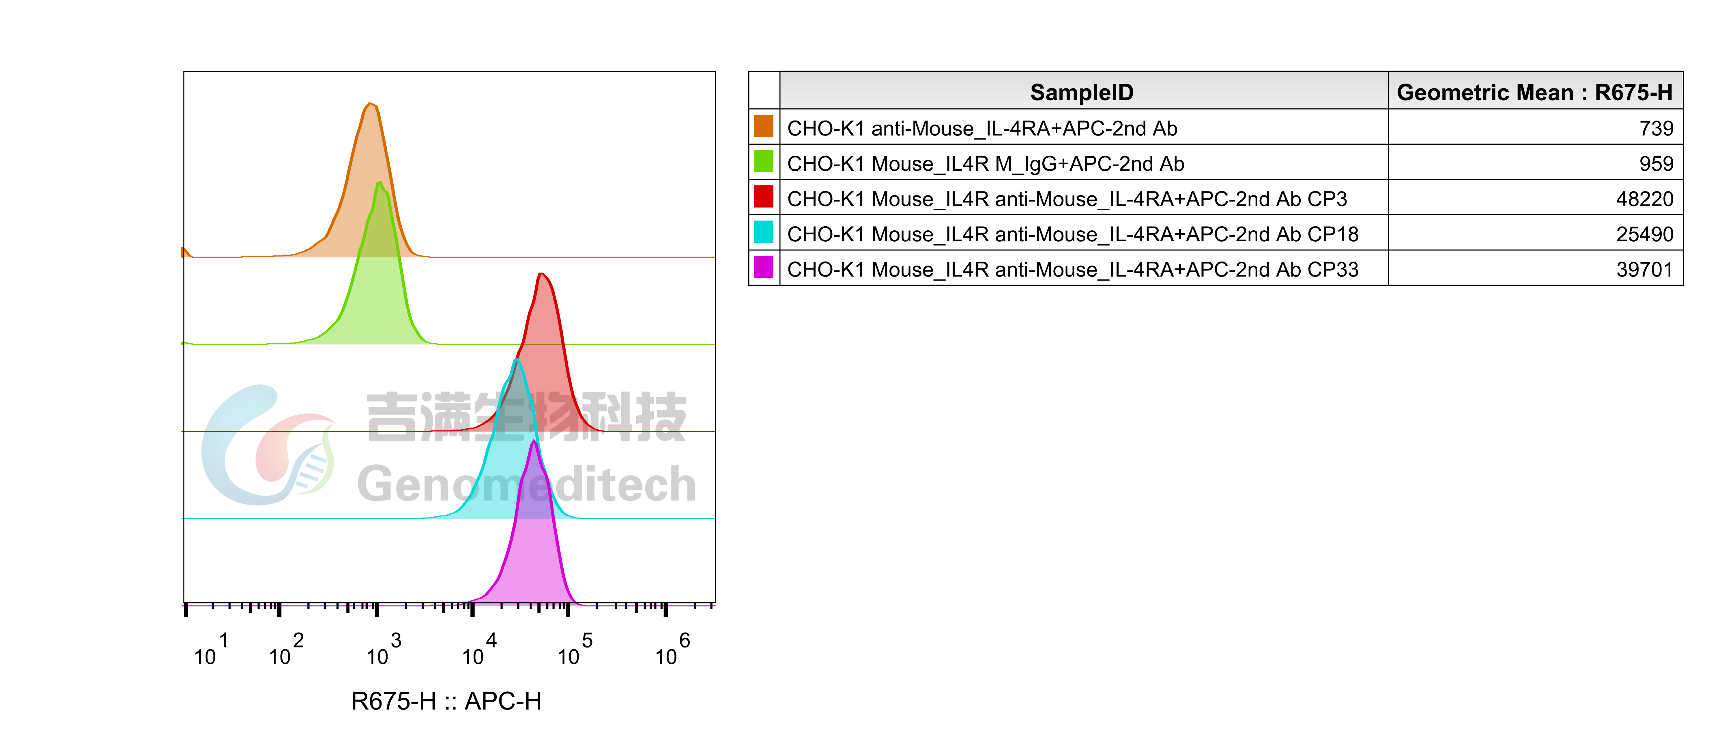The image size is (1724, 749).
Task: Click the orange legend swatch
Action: pyautogui.click(x=763, y=126)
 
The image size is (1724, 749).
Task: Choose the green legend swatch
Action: pyautogui.click(x=763, y=161)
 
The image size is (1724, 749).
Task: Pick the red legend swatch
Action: pyautogui.click(x=763, y=197)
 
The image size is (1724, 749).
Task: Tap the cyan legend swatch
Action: pyautogui.click(x=763, y=232)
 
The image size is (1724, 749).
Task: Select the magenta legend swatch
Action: pyautogui.click(x=763, y=267)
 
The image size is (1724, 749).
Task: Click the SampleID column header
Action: pyautogui.click(x=1082, y=92)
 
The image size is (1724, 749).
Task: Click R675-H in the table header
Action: pyautogui.click(x=1633, y=92)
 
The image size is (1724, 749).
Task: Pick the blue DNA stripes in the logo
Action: pyautogui.click(x=313, y=471)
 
